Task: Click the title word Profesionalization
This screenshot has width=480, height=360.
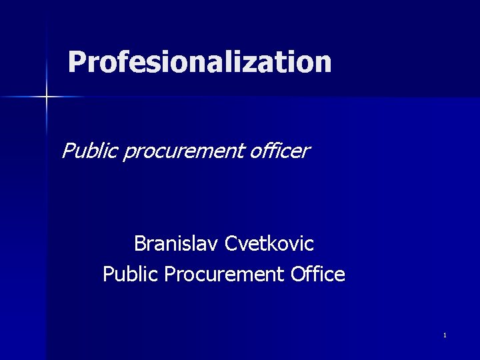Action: (199, 62)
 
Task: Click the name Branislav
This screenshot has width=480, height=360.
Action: (177, 244)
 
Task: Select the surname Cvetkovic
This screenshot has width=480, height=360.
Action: (269, 244)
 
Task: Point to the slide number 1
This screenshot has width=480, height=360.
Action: (444, 335)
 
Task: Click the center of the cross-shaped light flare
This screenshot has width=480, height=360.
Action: (47, 97)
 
